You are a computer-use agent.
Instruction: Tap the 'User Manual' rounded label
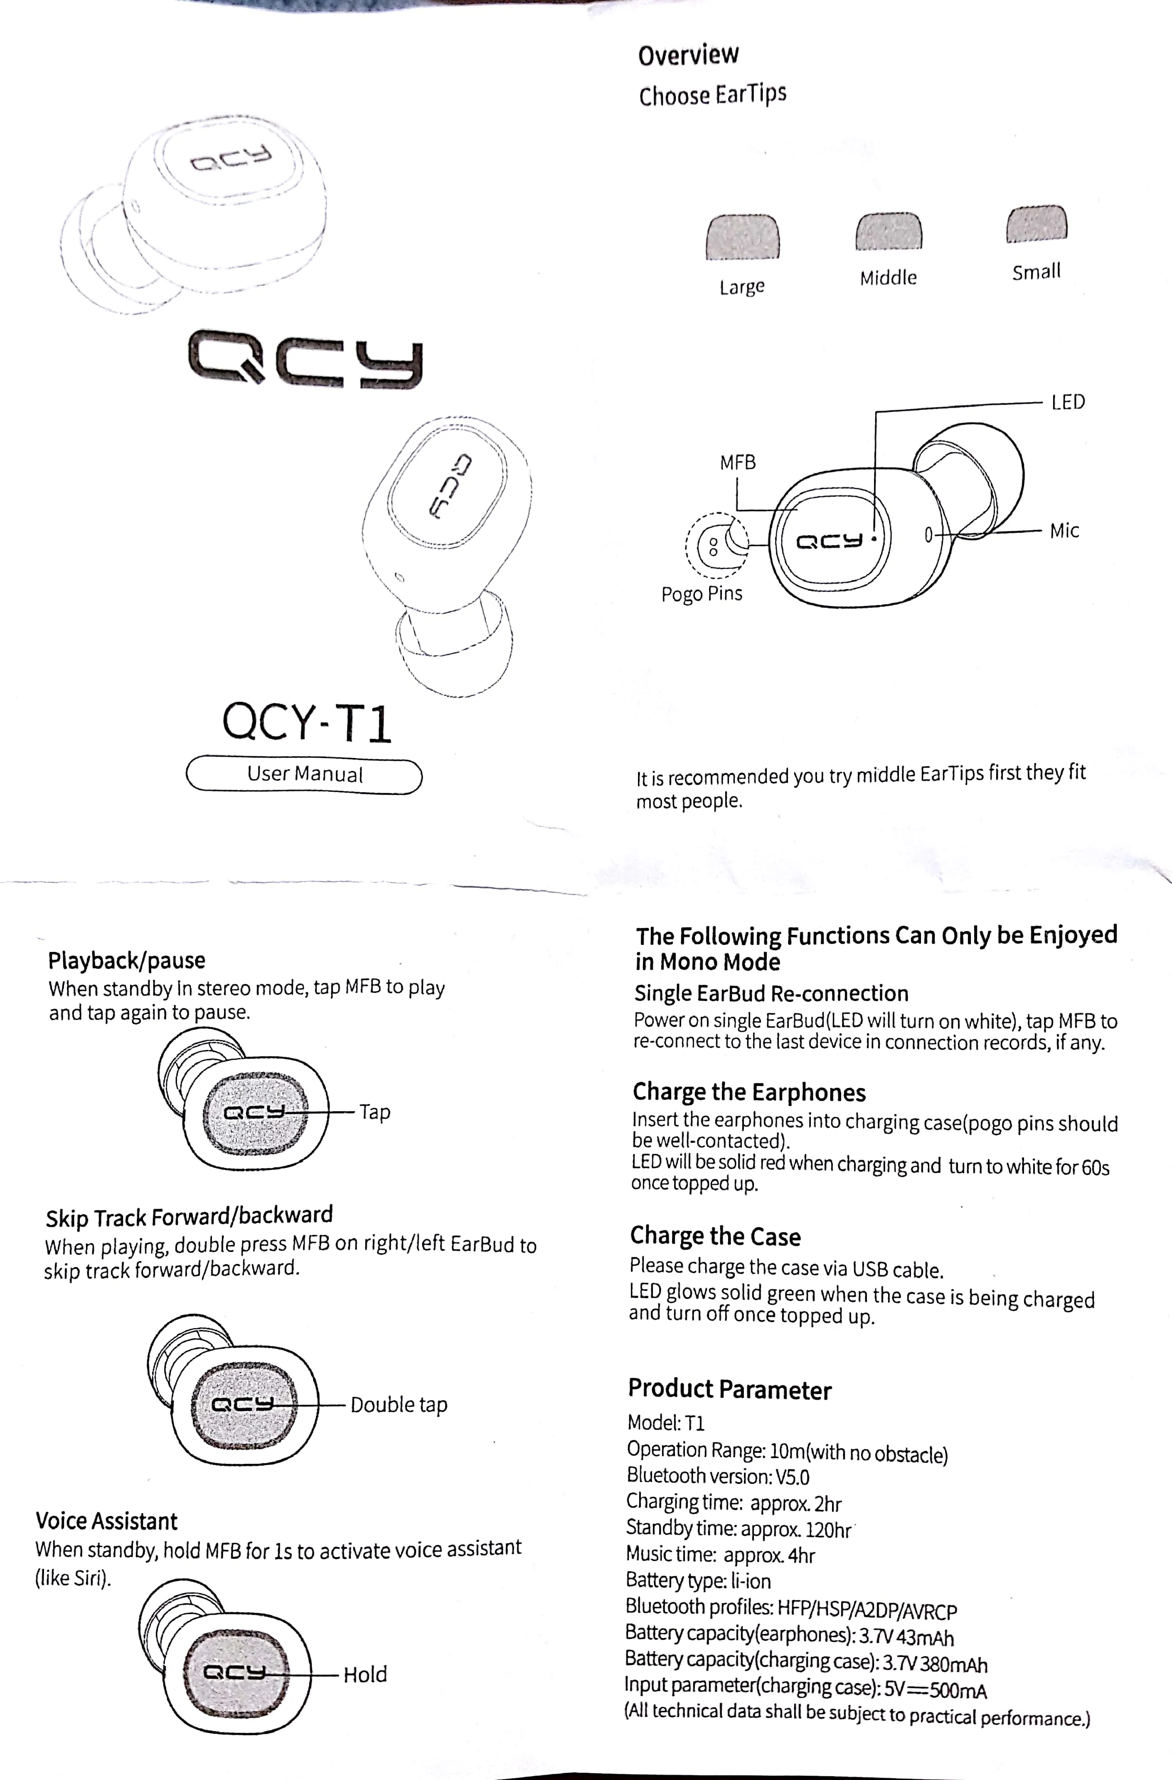(304, 775)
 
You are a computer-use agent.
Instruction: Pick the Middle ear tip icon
(888, 231)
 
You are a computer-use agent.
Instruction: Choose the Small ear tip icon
(1036, 224)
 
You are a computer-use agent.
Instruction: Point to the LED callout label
(1067, 402)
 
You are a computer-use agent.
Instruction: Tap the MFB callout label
(738, 463)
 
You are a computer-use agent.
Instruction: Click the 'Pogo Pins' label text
(701, 594)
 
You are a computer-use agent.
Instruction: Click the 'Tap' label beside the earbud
(374, 1112)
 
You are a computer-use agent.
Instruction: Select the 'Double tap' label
(399, 1404)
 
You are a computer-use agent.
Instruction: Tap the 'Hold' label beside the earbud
(365, 1674)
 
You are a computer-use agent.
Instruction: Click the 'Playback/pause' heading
(126, 960)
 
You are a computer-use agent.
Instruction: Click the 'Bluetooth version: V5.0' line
(718, 1476)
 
